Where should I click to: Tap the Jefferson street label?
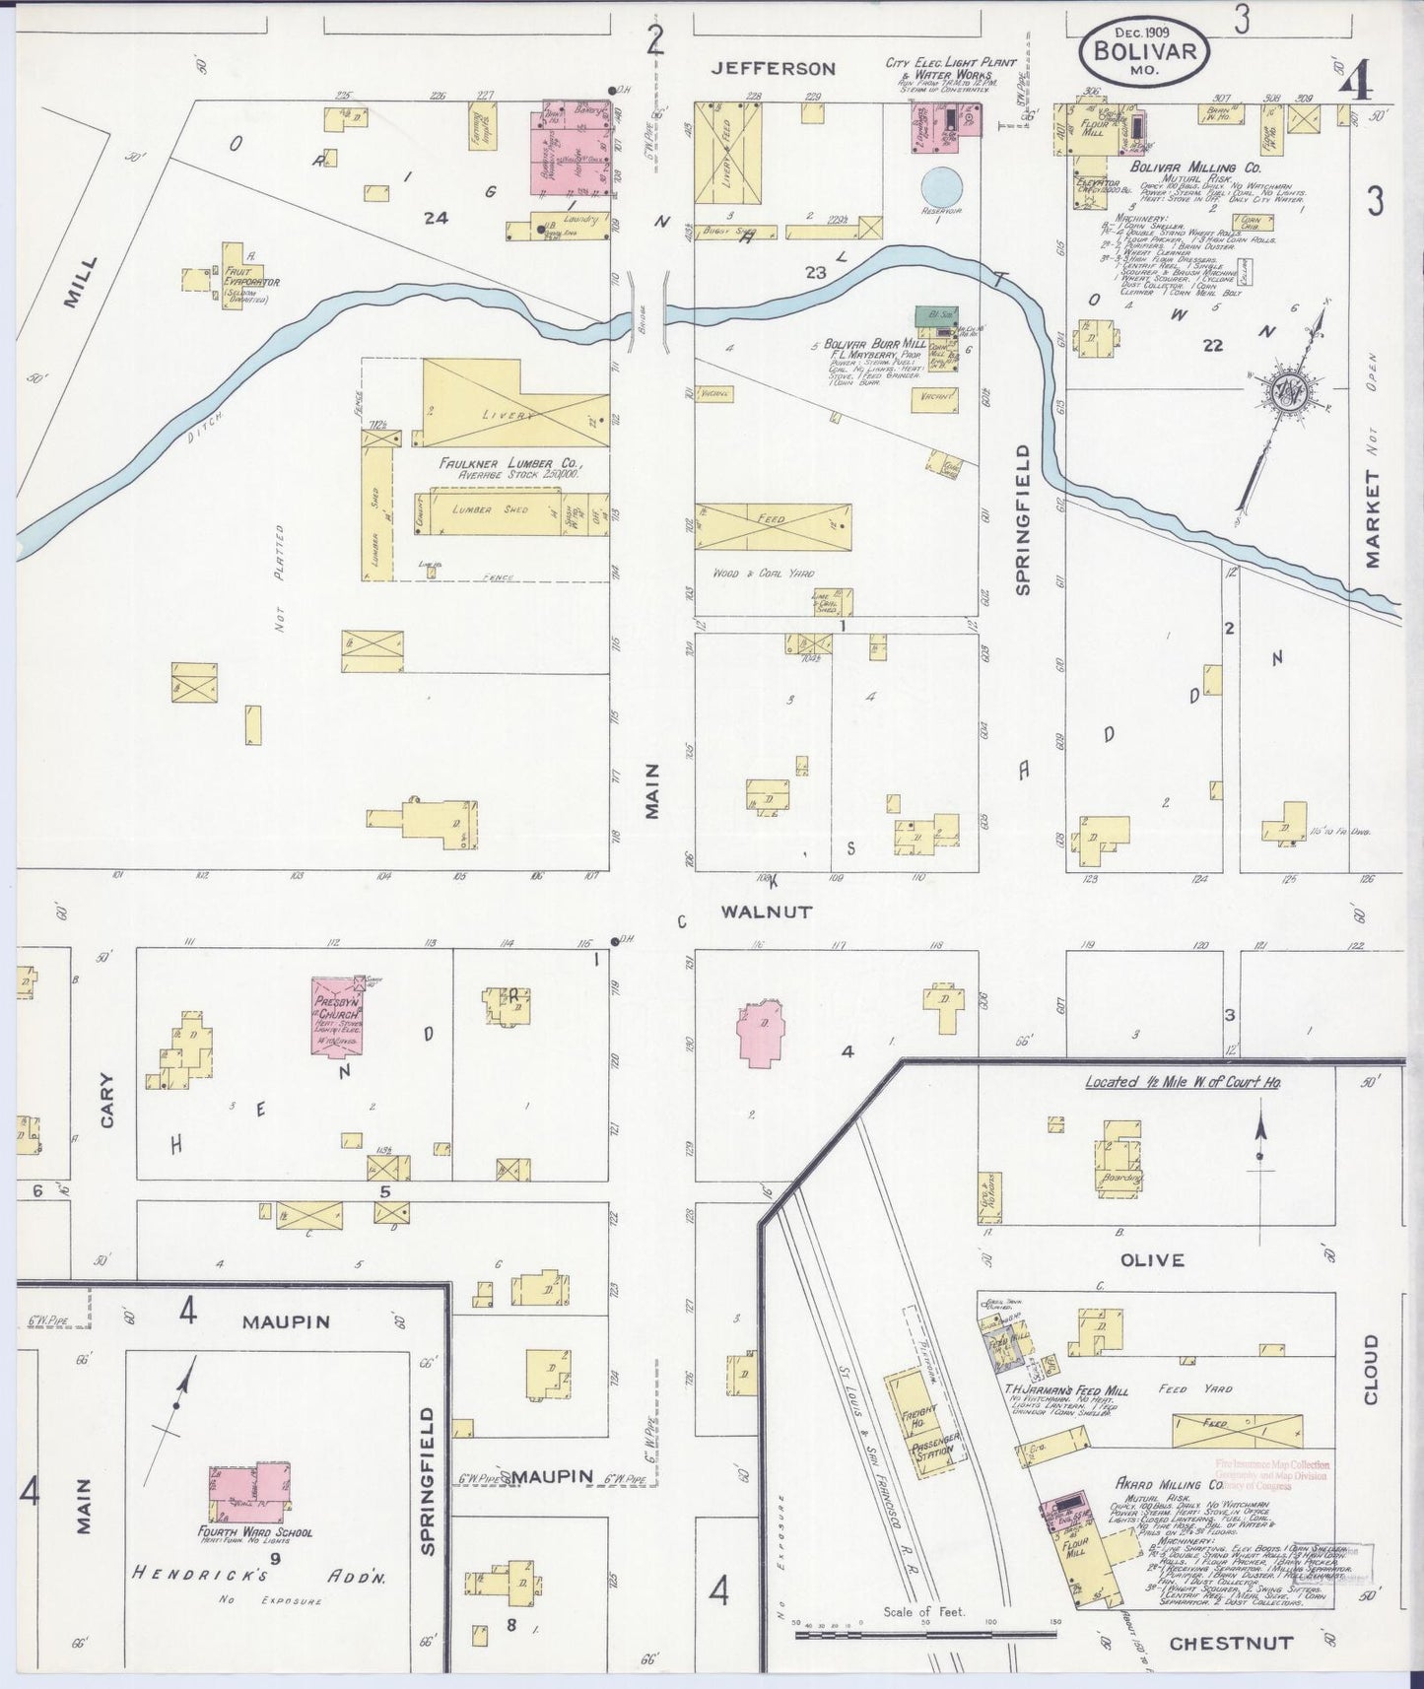774,68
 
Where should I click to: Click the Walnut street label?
766,912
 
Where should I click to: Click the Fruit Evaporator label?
250,277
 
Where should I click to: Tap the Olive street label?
1152,1259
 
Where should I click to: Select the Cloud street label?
1371,1370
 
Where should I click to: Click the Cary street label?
105,1100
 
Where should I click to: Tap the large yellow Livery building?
503,407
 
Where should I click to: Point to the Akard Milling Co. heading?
1169,1483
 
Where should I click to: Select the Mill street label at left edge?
83,283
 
